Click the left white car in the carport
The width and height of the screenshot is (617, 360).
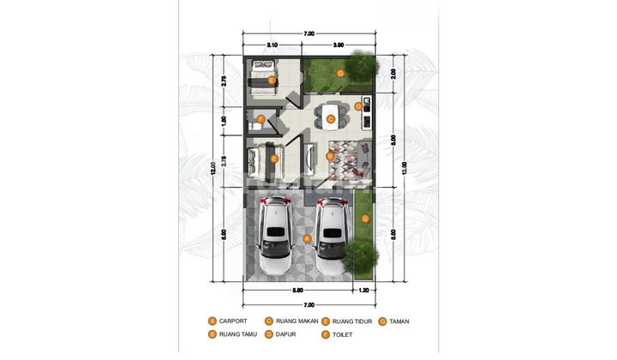tap(276, 234)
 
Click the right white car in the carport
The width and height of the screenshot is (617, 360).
tap(332, 234)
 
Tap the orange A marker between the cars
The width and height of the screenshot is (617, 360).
tap(307, 237)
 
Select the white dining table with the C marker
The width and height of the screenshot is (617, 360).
tap(331, 115)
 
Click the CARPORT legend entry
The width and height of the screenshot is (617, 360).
tap(233, 321)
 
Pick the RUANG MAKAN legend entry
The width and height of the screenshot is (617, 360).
tap(296, 321)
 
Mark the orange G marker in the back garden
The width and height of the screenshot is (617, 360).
tap(341, 74)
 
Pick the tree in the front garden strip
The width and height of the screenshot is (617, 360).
tap(362, 255)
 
